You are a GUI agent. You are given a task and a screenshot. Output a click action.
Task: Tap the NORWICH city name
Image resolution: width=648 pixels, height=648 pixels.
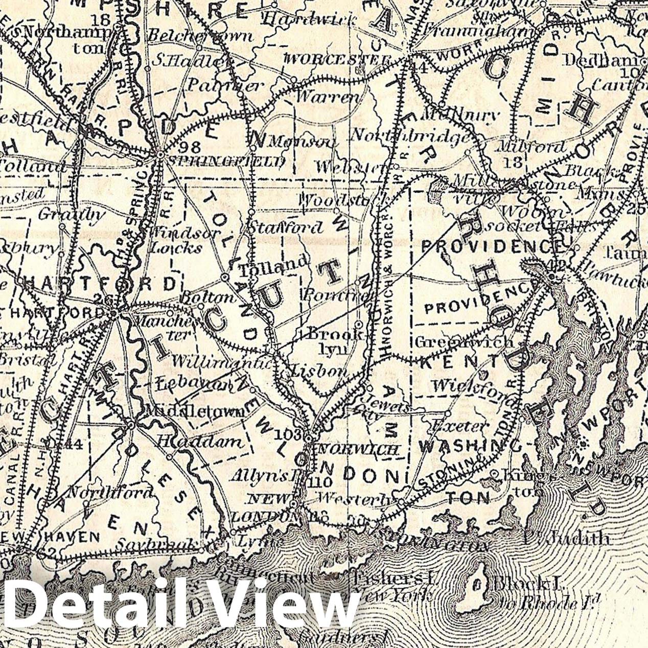(x=358, y=450)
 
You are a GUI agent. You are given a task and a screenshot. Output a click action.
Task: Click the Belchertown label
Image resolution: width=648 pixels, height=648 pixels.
(x=200, y=36)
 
